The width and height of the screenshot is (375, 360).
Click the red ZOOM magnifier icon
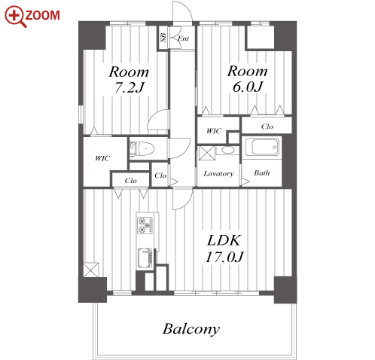15,16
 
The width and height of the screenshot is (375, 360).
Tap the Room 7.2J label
129,79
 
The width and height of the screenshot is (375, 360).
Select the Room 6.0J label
247,78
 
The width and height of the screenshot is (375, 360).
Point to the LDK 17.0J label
224,249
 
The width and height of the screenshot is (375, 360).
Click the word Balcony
191,329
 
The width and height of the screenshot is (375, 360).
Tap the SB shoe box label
163,37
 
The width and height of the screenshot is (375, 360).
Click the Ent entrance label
183,38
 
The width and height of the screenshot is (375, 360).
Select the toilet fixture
142,148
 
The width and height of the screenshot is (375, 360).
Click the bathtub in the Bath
262,147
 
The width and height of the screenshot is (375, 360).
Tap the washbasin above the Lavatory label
228,150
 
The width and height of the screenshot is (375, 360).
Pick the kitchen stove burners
145,224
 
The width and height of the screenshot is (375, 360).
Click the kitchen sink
145,258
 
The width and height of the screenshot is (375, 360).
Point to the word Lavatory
218,174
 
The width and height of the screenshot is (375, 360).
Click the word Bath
262,173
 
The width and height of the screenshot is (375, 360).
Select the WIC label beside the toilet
102,158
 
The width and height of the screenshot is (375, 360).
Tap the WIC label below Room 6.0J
214,131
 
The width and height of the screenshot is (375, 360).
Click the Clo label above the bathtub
267,127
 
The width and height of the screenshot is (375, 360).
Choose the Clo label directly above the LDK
130,181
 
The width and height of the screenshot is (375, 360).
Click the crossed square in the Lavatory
207,153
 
